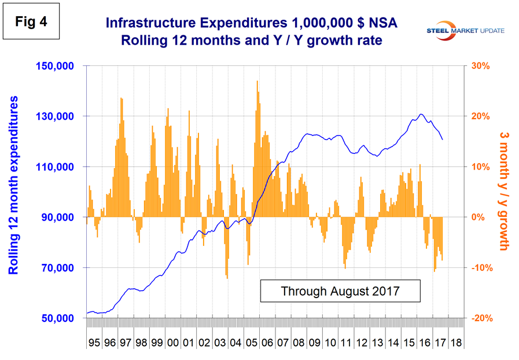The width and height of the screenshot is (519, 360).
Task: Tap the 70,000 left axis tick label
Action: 57,268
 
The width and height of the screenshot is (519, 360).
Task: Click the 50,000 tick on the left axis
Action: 57,318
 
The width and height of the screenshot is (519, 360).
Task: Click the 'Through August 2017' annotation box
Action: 340,291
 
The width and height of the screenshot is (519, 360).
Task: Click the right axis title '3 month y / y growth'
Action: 503,191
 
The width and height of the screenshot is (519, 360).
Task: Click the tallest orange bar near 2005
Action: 257,82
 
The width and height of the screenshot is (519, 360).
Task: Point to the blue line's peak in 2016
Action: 421,114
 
